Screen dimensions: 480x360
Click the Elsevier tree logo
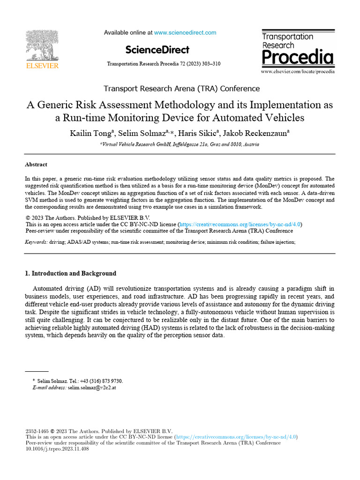[x=42, y=46]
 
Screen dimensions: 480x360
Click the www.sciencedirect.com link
[x=185, y=33]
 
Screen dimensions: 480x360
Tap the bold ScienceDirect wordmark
[x=157, y=50]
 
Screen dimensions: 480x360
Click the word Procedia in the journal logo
[x=297, y=58]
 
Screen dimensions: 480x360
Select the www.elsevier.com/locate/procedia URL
[x=298, y=72]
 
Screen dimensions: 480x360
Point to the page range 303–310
[x=210, y=63]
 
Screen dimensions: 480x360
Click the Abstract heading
[x=36, y=165]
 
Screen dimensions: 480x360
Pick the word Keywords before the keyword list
[x=36, y=242]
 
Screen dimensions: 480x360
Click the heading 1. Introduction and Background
[x=70, y=273]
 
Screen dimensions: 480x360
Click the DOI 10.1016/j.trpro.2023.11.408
[x=57, y=449]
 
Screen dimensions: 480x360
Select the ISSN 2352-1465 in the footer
[x=37, y=431]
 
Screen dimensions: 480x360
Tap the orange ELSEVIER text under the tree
[x=42, y=66]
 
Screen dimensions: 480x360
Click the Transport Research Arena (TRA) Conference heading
[x=181, y=89]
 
